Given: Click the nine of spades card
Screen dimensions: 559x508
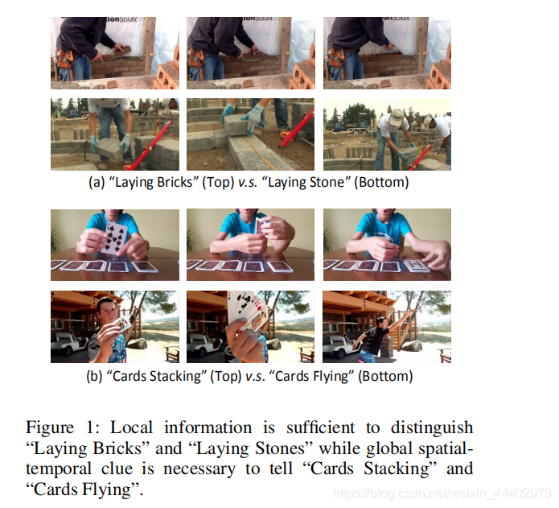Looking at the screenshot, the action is (114, 237).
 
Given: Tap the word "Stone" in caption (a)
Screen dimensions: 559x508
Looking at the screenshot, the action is (324, 182).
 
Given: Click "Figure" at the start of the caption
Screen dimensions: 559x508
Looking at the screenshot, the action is (50, 427).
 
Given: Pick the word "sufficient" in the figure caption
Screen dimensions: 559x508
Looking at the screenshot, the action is (320, 427).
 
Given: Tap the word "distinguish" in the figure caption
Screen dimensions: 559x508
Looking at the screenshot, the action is (432, 427).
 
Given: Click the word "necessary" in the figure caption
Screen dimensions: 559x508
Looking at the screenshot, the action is (199, 469).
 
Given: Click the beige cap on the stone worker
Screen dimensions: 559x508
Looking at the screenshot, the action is (396, 118).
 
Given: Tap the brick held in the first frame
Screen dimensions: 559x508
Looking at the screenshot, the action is (123, 50).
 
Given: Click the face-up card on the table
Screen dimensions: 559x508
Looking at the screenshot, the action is (417, 265).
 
